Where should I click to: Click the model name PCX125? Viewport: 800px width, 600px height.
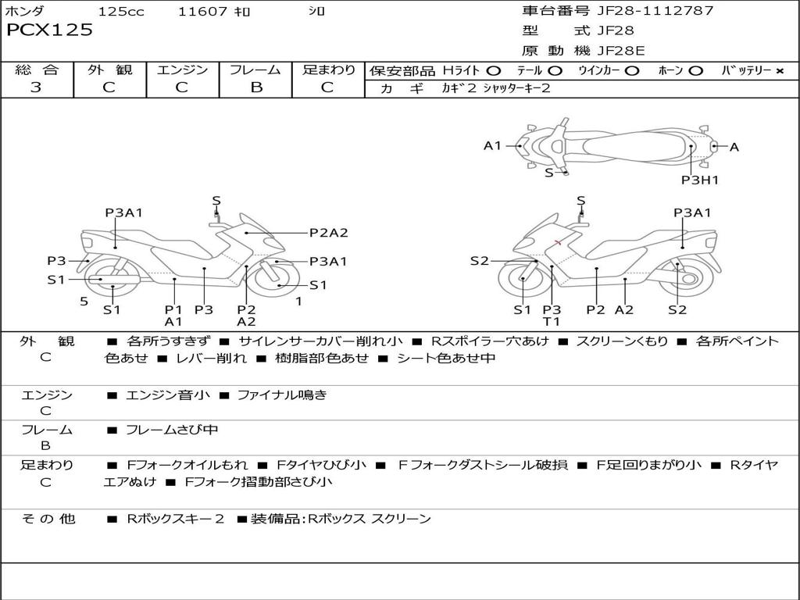point(50,30)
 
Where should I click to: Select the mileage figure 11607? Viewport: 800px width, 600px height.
point(202,12)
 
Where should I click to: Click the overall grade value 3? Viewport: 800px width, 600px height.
point(36,87)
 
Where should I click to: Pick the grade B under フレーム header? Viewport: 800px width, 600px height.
point(255,87)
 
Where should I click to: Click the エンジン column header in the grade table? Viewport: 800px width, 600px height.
point(182,70)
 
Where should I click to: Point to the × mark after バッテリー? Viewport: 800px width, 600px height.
point(779,71)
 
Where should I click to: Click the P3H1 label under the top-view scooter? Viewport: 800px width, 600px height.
point(699,180)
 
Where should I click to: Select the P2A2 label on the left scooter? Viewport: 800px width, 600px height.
point(328,232)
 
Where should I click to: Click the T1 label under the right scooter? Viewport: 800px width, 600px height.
point(552,321)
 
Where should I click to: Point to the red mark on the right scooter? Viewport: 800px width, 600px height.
point(557,243)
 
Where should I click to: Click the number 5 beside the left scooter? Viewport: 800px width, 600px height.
point(84,301)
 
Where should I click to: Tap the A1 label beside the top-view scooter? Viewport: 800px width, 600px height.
point(492,145)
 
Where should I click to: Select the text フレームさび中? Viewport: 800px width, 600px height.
point(172,430)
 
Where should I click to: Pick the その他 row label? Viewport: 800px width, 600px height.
point(48,519)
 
